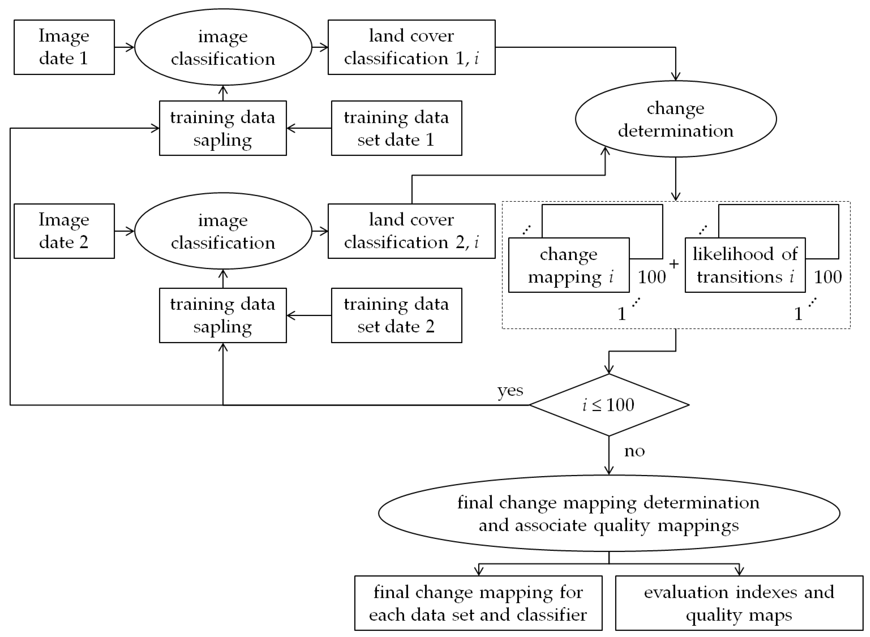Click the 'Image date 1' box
tap(64, 47)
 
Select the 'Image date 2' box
tap(64, 231)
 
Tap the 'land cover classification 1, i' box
tap(411, 47)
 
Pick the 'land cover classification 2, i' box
tap(411, 231)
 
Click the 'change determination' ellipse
tap(676, 119)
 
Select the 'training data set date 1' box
tap(396, 128)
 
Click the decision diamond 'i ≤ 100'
tap(608, 405)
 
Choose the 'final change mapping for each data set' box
tap(478, 603)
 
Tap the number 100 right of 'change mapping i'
tap(652, 277)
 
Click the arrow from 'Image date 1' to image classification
tap(124, 47)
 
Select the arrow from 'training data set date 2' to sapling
tap(309, 315)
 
